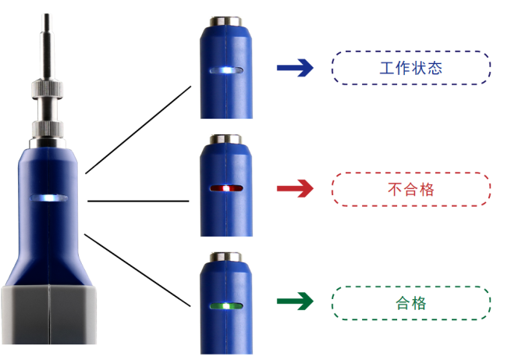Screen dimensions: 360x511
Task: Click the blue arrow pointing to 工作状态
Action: (x=295, y=69)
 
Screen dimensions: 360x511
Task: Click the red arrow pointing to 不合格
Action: (x=295, y=188)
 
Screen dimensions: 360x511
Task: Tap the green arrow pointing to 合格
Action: (x=295, y=301)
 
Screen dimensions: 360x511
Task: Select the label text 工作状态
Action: (x=411, y=68)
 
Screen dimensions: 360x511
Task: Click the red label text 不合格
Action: (x=411, y=188)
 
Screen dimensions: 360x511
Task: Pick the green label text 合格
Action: (x=411, y=302)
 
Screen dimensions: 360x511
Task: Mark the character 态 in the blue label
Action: (x=435, y=68)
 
